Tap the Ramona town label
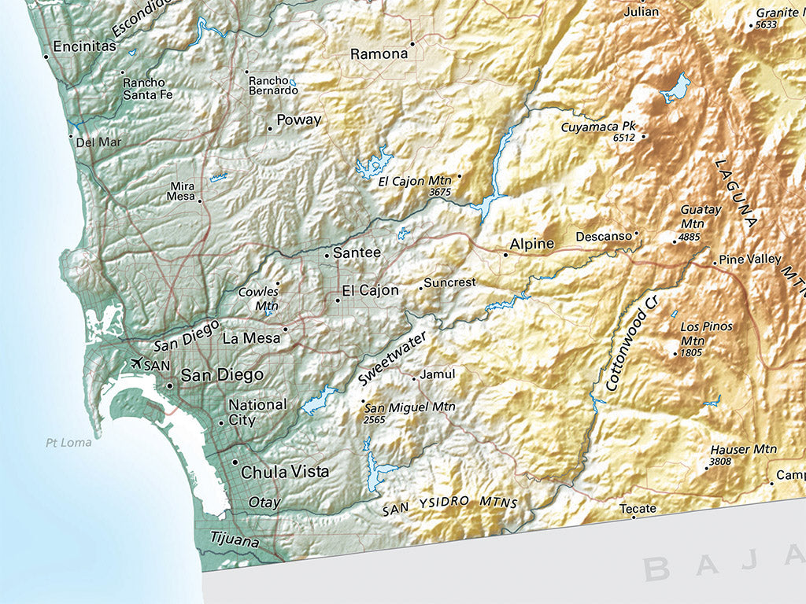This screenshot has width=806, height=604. coord(379,54)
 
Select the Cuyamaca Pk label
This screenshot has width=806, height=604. coord(597,127)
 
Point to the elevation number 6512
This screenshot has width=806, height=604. coord(623,138)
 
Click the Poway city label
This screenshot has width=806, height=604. coord(298,120)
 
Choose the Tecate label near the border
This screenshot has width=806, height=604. coord(638,509)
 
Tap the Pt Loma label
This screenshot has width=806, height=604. coord(68,443)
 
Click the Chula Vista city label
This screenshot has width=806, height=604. coord(284,473)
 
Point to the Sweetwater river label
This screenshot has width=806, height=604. coord(392,358)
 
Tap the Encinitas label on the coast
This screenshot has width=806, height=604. coord(84,47)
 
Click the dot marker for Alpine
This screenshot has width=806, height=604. coord(505,254)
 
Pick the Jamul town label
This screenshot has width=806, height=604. coord(438,374)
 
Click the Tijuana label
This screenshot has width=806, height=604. coord(234,539)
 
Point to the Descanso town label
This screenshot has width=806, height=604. coord(604,236)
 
